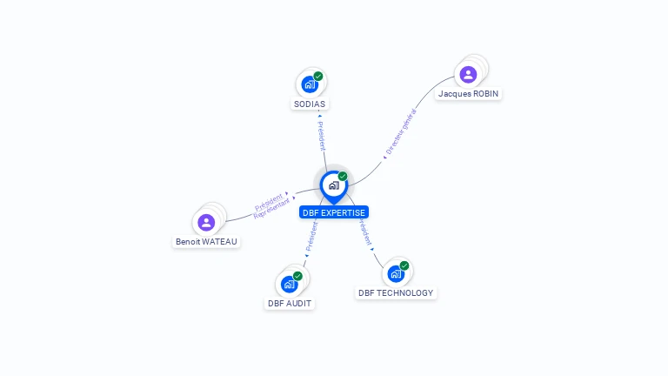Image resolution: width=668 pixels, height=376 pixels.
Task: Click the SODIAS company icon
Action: click(x=308, y=84)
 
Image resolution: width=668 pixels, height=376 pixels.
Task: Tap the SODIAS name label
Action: click(x=310, y=104)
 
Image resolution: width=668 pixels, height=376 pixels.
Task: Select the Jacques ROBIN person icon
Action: click(x=468, y=74)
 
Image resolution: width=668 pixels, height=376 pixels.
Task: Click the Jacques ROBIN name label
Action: click(x=469, y=93)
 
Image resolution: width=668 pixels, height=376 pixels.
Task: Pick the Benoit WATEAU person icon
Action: click(x=206, y=222)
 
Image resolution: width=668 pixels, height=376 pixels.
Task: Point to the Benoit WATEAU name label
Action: click(x=206, y=241)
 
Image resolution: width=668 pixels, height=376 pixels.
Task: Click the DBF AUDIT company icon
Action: click(x=289, y=285)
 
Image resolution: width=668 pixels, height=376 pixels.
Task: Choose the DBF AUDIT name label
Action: click(x=290, y=303)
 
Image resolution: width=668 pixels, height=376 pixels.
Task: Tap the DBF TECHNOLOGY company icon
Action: click(x=396, y=274)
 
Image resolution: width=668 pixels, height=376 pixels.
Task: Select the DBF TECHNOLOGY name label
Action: click(x=396, y=293)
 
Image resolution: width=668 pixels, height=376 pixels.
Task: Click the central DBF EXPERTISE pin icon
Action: click(x=334, y=185)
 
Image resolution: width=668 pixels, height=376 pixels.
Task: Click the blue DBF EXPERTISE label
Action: click(x=334, y=212)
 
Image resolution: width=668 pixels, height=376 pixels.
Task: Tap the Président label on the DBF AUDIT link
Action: click(x=311, y=236)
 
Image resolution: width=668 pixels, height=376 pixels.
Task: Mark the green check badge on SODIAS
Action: click(x=318, y=77)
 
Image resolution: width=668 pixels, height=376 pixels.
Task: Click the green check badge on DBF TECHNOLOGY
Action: click(x=404, y=265)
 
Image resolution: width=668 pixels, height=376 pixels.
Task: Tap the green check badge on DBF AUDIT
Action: click(x=297, y=276)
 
